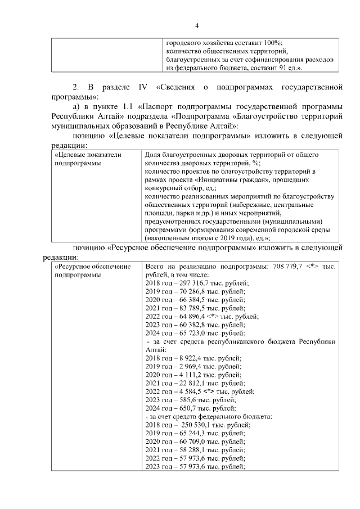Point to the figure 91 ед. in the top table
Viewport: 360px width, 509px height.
285,67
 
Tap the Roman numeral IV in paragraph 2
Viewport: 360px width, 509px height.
141,88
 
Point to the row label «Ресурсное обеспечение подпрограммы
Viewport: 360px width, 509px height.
91,271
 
